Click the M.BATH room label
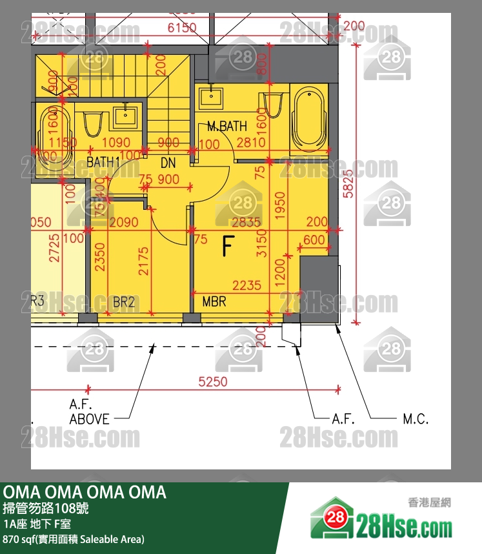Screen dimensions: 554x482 coord(226,127)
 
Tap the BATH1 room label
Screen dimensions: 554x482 coord(103,161)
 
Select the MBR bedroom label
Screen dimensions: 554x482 coord(214,302)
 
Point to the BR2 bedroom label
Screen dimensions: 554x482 coord(123,302)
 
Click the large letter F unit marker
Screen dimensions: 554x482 coord(227,246)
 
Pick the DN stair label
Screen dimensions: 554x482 coord(168,164)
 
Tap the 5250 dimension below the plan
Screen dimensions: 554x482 coord(213,382)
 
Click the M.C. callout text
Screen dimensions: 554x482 coord(416,419)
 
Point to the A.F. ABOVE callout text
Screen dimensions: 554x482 coord(89,412)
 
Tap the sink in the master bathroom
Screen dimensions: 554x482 coord(210,97)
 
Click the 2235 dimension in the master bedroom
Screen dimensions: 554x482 coord(247,285)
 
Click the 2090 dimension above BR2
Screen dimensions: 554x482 coord(123,222)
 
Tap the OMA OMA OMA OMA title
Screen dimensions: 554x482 coord(85,493)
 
